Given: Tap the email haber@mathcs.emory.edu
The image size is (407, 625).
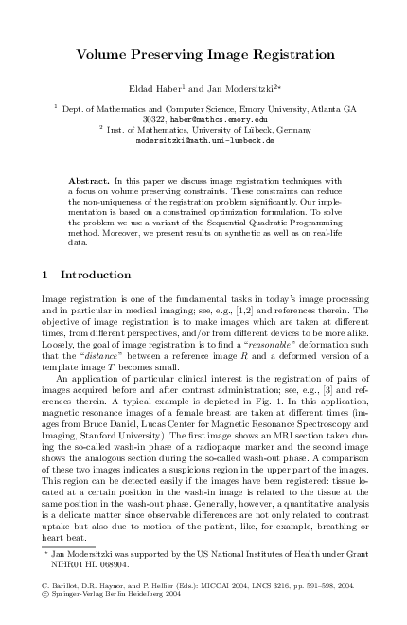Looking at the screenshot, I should tap(219, 120).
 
